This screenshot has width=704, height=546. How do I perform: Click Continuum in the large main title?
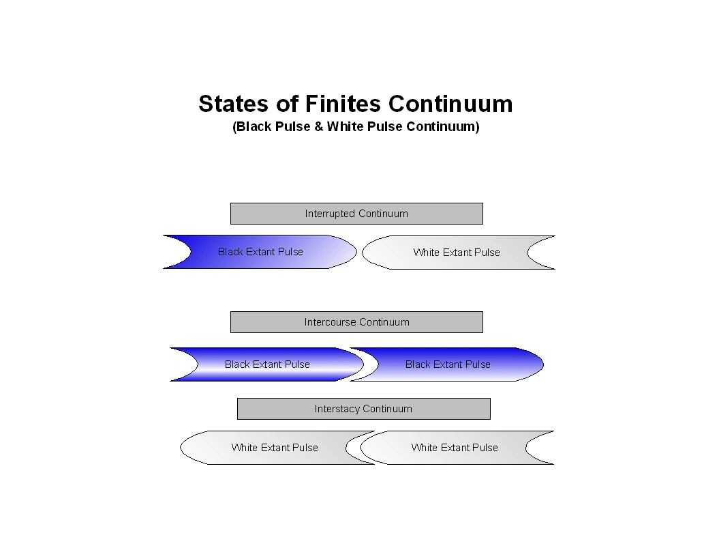click(450, 104)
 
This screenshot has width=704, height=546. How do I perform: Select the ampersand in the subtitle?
click(318, 127)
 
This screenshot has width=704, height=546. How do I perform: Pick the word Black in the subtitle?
click(254, 127)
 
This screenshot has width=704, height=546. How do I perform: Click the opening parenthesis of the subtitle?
click(234, 127)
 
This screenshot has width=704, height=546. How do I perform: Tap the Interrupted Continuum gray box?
click(356, 214)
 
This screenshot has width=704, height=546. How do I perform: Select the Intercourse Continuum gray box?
click(356, 322)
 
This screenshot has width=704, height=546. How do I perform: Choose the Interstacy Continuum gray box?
click(363, 409)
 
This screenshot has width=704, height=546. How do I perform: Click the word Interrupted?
click(331, 214)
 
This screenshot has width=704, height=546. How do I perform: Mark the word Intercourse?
click(330, 322)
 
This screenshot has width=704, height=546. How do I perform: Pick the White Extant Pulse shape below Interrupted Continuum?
click(457, 253)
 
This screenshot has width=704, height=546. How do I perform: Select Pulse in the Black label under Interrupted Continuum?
click(290, 252)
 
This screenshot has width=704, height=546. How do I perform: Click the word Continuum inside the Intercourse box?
click(384, 322)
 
